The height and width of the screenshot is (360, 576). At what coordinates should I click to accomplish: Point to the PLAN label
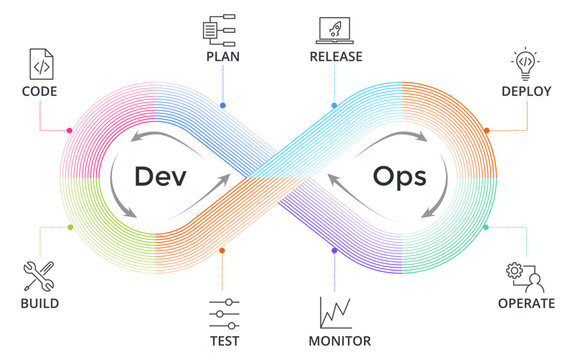tap(222, 57)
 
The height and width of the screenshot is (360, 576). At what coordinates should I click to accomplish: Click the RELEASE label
tap(335, 57)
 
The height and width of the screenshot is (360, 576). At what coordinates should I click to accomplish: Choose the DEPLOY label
tap(526, 91)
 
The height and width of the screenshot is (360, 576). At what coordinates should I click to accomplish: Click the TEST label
tap(223, 341)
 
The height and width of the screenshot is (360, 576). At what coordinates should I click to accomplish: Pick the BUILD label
tap(40, 303)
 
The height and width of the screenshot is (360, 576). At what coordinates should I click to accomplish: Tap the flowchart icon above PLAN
tap(221, 30)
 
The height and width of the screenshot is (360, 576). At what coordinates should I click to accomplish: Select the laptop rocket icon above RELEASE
tap(334, 30)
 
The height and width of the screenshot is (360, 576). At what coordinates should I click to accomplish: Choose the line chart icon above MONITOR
tap(334, 313)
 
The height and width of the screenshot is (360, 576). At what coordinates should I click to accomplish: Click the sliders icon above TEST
tap(223, 313)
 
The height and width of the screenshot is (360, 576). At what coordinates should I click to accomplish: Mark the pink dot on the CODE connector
tap(68, 131)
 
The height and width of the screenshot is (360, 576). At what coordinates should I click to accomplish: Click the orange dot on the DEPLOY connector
tap(487, 130)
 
